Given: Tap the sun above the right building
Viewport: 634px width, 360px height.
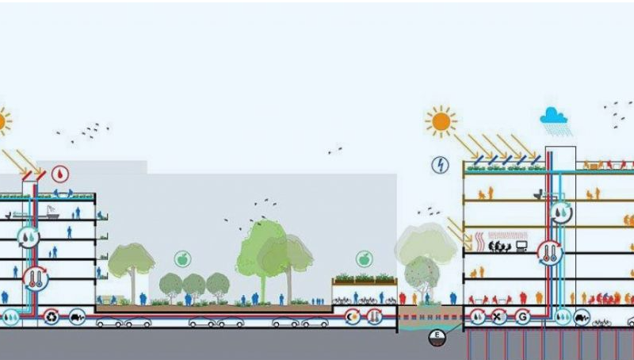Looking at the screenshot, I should coord(441,121).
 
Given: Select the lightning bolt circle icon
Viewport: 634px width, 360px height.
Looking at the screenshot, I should coord(441,165).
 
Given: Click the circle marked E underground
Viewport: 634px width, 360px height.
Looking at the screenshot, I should coord(436,338).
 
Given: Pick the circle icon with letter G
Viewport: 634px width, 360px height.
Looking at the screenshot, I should coord(522,316).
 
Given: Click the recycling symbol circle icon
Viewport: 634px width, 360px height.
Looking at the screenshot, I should coord(52,316).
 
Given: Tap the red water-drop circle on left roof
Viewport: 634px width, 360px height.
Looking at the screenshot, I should coord(60,174).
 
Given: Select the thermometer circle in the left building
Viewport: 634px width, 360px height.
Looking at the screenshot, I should coord(35,277).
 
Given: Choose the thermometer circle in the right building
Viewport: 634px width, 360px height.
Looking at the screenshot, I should coord(548,253).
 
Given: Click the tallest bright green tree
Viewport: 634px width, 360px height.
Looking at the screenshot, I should coord(259,250).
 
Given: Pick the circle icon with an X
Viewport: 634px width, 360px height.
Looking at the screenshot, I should coord(498,316).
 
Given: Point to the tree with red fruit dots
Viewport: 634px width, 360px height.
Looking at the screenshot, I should coord(422,273).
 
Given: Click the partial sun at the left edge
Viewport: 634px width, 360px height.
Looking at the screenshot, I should coord(3,121).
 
